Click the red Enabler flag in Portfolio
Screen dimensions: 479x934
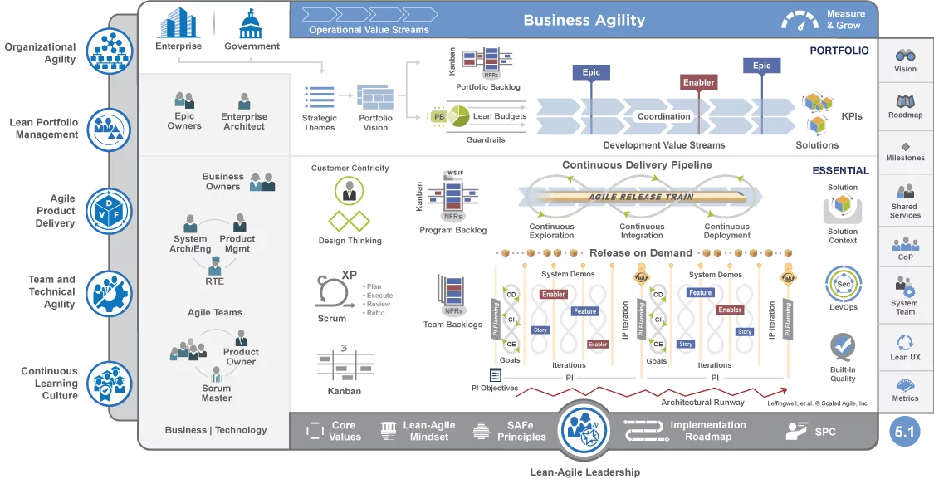[x=699, y=82]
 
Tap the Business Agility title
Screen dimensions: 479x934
[x=584, y=21]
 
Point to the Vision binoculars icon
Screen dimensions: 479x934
[x=905, y=55]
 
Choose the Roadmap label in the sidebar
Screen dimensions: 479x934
[x=905, y=115]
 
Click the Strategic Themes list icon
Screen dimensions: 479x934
[x=319, y=98]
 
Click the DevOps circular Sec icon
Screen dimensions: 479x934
[x=843, y=284]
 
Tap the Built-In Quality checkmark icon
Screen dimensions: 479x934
[x=843, y=345]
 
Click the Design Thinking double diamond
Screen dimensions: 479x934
[x=349, y=222]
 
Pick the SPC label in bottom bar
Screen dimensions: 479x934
[x=824, y=432]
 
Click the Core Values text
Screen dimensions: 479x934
[x=345, y=431]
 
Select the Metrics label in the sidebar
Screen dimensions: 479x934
[x=905, y=398]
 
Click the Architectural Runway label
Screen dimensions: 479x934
[x=697, y=403]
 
